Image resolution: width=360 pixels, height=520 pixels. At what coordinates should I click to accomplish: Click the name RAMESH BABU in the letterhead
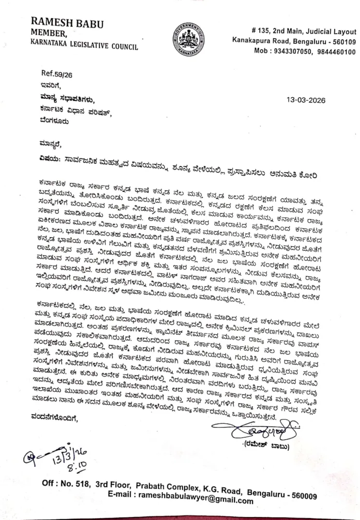pos(67,23)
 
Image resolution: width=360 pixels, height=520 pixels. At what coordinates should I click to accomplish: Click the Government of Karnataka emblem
pos(188,39)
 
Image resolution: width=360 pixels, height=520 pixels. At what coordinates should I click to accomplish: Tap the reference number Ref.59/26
pos(57,74)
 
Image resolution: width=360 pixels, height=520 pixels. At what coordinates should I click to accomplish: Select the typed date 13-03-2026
pos(306,100)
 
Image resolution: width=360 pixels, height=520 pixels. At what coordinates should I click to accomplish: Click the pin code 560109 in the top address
pos(340,41)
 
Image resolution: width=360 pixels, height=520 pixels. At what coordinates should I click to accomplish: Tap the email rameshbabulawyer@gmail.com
pos(199,501)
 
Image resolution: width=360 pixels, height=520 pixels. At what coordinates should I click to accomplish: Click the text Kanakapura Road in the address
pos(257,41)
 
